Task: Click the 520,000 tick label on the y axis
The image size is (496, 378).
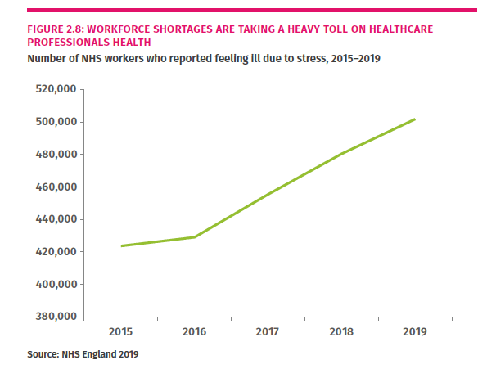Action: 53,89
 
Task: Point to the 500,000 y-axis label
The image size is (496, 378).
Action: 53,122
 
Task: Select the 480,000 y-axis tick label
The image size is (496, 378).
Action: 53,155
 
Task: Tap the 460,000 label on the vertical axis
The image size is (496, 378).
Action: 53,187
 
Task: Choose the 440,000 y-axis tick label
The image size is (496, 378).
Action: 53,219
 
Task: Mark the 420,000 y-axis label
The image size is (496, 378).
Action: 53,252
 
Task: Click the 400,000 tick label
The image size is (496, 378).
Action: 53,285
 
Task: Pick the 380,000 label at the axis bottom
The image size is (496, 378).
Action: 53,317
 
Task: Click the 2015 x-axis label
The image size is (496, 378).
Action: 121,331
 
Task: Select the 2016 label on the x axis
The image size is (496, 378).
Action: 195,331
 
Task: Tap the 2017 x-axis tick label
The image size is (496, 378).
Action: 268,331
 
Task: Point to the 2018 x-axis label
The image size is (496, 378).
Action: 342,331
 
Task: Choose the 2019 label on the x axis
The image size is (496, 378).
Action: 415,331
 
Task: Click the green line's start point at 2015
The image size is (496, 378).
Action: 121,245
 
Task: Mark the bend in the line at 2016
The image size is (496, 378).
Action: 195,237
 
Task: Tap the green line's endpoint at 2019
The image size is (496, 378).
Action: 415,119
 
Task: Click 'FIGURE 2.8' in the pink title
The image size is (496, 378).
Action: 56,29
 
